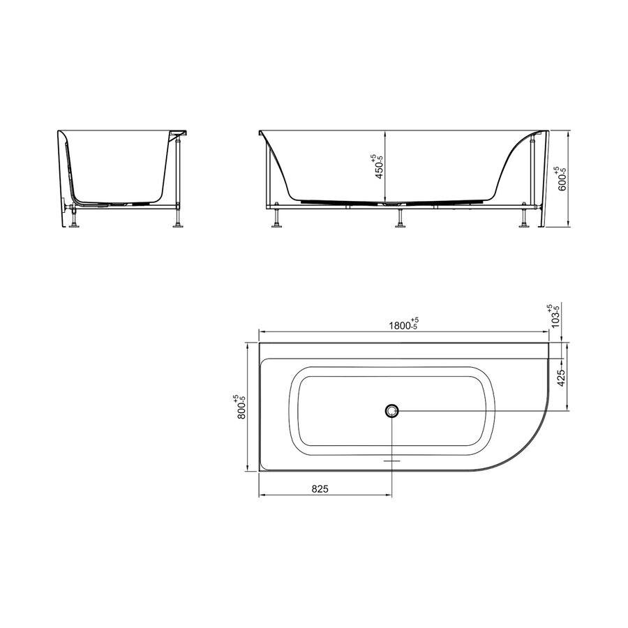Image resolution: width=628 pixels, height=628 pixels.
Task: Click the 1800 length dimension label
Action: pos(403,324)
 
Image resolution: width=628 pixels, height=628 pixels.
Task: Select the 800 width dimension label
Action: pos(241,406)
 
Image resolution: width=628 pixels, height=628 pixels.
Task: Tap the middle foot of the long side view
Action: pos(400,219)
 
